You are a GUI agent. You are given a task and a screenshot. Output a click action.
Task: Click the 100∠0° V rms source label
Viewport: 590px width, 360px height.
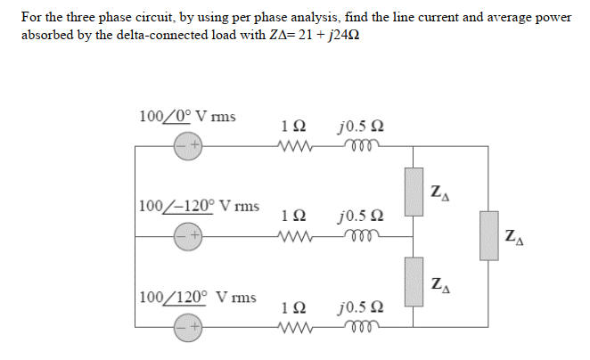(x=188, y=117)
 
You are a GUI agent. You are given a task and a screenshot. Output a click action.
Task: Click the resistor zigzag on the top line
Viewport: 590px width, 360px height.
(x=295, y=145)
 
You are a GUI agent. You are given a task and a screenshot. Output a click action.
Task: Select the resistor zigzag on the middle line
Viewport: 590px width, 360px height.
(x=295, y=236)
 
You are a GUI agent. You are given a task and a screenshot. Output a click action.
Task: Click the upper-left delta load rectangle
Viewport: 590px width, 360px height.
(x=414, y=191)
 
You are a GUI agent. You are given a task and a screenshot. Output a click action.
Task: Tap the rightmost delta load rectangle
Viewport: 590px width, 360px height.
(x=489, y=235)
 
